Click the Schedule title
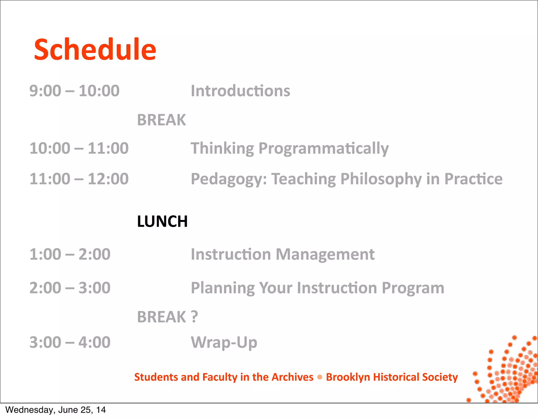[x=95, y=49]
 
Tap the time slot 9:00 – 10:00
[x=74, y=91]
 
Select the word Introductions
[x=240, y=91]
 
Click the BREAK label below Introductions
[x=161, y=120]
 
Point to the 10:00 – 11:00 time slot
[x=79, y=148]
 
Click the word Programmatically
[x=323, y=148]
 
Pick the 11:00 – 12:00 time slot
[x=79, y=179]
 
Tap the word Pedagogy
[x=228, y=179]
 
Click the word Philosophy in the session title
[x=381, y=179]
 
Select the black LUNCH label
[x=162, y=221]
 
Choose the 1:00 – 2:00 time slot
[x=70, y=254]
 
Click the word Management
[x=325, y=254]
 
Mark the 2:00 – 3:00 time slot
[x=70, y=288]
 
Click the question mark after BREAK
[x=194, y=317]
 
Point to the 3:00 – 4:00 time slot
[x=70, y=342]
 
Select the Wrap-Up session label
[x=224, y=342]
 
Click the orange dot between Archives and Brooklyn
[x=320, y=377]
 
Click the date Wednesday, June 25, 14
[x=55, y=410]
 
